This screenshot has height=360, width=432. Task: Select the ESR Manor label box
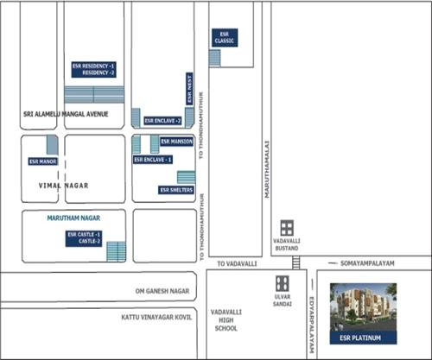42,161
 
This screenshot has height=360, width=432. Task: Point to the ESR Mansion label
177,141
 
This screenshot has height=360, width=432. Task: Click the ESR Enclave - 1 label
152,160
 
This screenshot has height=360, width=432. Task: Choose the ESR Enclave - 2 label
162,120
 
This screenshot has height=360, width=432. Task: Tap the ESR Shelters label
176,190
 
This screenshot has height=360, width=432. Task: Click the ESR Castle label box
85,238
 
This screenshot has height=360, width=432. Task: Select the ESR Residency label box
94,69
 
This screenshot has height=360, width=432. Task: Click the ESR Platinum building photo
364,307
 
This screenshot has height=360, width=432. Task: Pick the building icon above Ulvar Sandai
282,282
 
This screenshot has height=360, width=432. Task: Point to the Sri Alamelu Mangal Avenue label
67,114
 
